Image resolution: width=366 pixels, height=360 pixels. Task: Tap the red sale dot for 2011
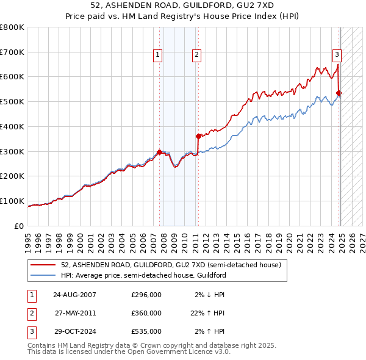coord(198,136)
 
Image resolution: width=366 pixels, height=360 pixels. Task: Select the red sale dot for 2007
coord(159,152)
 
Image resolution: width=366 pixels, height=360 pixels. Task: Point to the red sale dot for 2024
coord(339,93)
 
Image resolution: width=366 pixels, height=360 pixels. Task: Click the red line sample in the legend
coord(43,265)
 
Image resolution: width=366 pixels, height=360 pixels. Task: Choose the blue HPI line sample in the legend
coord(43,275)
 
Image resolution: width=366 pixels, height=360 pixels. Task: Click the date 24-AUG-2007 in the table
coord(74,295)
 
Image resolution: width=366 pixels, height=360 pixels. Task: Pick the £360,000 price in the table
coord(146,313)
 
